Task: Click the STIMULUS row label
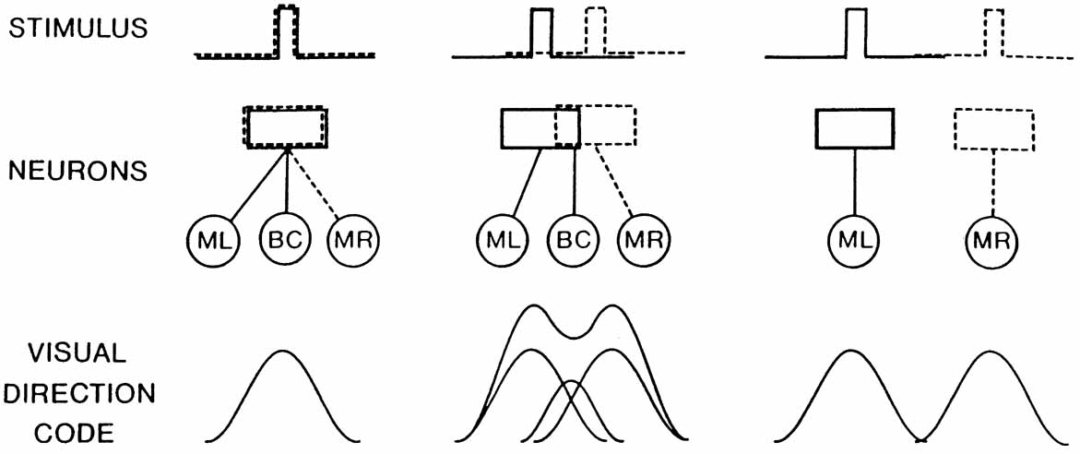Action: pyautogui.click(x=77, y=27)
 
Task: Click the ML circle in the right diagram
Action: pyautogui.click(x=855, y=242)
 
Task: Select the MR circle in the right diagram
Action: pyautogui.click(x=992, y=242)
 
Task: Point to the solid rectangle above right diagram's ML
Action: pyautogui.click(x=855, y=128)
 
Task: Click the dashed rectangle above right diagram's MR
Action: pyautogui.click(x=993, y=129)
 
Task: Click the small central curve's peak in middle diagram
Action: pyautogui.click(x=571, y=380)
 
